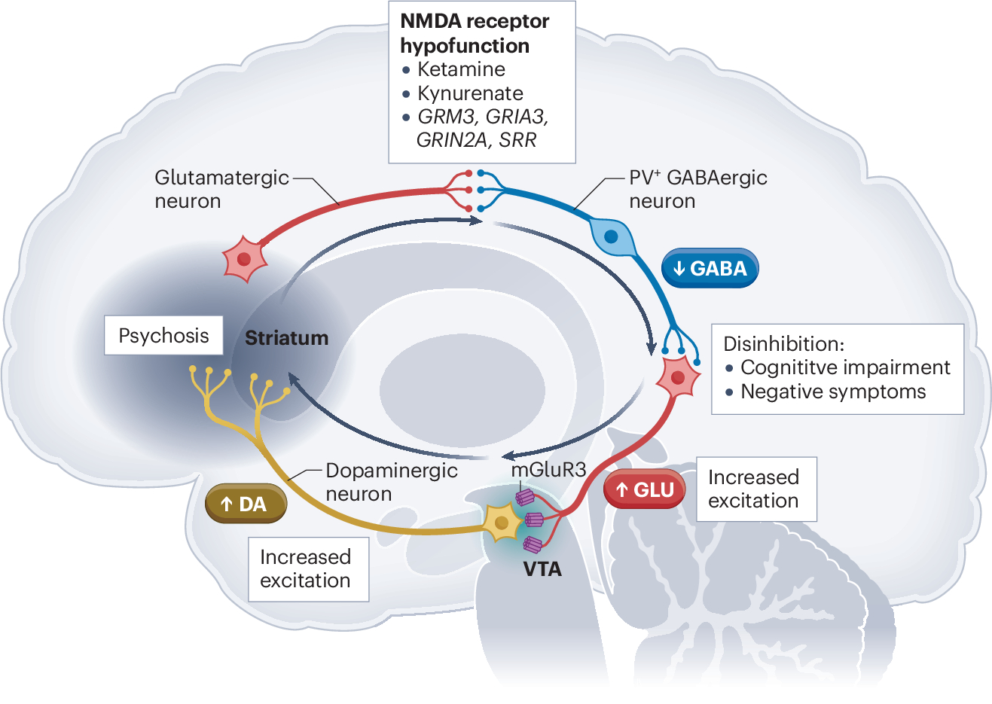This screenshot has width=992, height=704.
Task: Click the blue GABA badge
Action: pyautogui.click(x=710, y=269)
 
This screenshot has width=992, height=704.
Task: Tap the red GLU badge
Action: pyautogui.click(x=645, y=490)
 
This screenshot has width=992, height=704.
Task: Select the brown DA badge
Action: pyautogui.click(x=246, y=504)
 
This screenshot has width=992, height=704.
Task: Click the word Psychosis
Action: pyautogui.click(x=163, y=336)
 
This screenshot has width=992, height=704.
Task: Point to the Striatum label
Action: pyautogui.click(x=286, y=338)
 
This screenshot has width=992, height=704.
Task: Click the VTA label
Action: pyautogui.click(x=542, y=569)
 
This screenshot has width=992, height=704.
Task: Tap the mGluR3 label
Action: pyautogui.click(x=548, y=470)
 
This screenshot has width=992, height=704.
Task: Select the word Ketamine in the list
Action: pyautogui.click(x=461, y=69)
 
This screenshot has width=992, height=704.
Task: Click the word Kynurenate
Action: pyautogui.click(x=470, y=93)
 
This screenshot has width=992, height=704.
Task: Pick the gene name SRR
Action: pyautogui.click(x=517, y=140)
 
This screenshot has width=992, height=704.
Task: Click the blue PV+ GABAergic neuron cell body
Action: pyautogui.click(x=611, y=236)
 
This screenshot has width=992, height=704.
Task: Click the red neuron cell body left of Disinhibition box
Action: pyautogui.click(x=678, y=378)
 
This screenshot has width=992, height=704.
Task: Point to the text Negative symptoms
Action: pyautogui.click(x=833, y=392)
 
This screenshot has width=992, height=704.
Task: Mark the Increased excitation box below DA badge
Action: pyautogui.click(x=306, y=568)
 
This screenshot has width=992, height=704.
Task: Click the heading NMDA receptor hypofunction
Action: pyautogui.click(x=475, y=33)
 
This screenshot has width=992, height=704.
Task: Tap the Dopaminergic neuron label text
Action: pyautogui.click(x=391, y=482)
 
